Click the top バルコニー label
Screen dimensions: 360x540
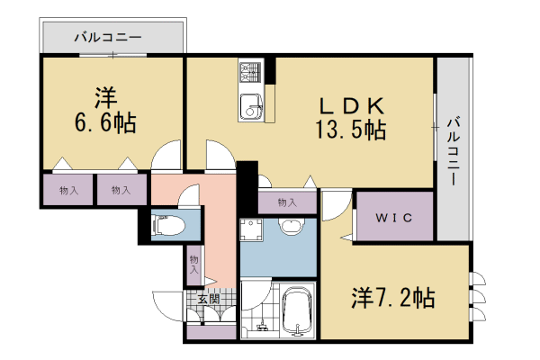click(112, 40)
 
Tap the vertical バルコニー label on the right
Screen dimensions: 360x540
click(455, 150)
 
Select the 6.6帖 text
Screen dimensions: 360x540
click(105, 122)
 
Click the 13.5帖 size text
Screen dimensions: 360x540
click(351, 130)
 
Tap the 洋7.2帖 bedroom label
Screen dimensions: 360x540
click(392, 297)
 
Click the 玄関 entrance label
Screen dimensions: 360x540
click(208, 299)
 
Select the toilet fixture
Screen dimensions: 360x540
click(168, 226)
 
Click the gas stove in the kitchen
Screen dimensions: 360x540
click(249, 69)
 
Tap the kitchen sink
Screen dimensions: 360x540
click(249, 105)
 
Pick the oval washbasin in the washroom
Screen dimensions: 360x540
click(290, 227)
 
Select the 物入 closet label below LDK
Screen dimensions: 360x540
click(287, 202)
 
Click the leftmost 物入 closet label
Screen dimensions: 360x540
click(68, 190)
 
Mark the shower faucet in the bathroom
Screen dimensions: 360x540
click(263, 326)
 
